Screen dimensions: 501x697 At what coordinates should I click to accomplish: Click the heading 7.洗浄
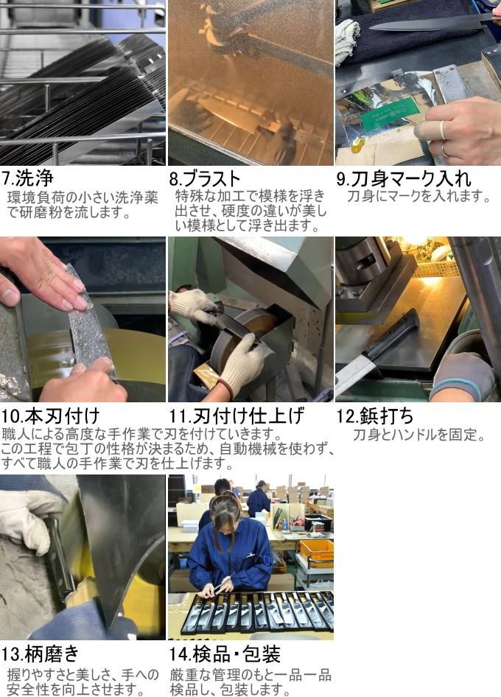[x=27, y=178]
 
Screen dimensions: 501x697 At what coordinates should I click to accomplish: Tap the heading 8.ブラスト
[x=205, y=179]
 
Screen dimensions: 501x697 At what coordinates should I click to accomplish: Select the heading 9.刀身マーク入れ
[x=403, y=179]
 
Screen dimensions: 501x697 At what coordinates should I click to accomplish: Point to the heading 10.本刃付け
[x=50, y=416]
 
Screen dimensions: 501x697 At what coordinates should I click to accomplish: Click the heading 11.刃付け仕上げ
[x=237, y=416]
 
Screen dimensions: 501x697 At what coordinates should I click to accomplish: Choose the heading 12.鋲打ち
[x=375, y=416]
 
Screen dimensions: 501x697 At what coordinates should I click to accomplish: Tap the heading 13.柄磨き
[x=40, y=654]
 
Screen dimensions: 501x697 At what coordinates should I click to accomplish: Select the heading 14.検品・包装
[x=225, y=654]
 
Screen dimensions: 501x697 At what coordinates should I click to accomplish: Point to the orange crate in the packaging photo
[x=317, y=553]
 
